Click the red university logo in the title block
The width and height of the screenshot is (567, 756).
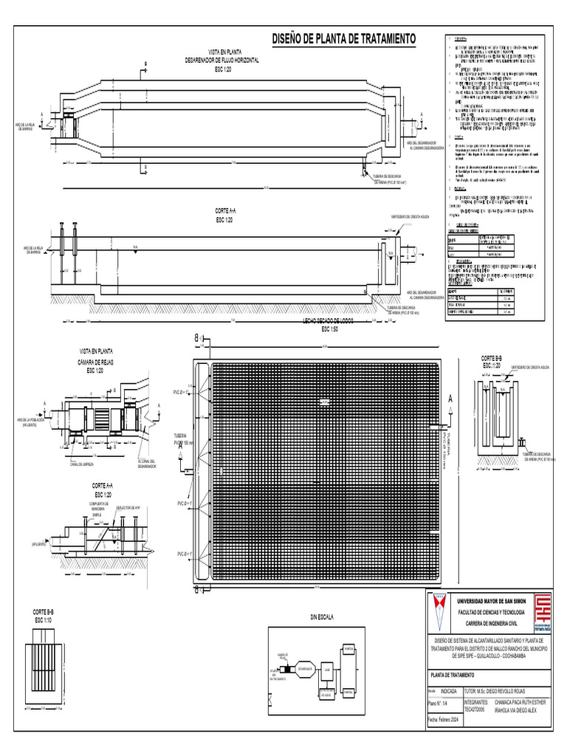(542, 611)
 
